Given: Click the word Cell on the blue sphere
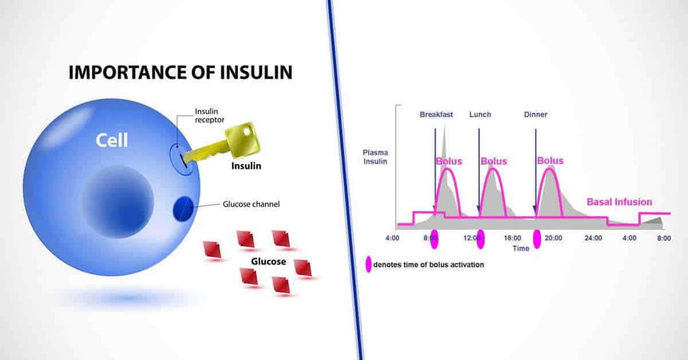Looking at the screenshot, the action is point(112,140).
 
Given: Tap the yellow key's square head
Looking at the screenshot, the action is point(243,140).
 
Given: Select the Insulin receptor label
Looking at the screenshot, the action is point(209,116).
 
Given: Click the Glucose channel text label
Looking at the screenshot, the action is point(251,204).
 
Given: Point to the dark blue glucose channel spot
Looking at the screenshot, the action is point(183,209).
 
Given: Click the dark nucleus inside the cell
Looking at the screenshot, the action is point(118,202).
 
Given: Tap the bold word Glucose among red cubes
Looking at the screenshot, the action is point(268,261).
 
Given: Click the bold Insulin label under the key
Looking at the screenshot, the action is point(247,166).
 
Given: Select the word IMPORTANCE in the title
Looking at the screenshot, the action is point(127,72).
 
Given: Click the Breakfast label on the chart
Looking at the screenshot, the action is point(436,115).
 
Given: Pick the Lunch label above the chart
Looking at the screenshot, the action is point(480,115).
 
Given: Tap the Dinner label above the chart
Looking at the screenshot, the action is point(535,115).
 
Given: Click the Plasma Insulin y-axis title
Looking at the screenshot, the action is point(376,157).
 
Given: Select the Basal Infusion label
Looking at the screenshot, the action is point(619,202).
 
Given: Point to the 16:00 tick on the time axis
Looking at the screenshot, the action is point(513,238).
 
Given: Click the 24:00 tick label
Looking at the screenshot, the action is point(593,238).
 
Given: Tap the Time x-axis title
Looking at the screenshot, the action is point(521,248).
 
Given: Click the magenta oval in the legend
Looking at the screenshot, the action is point(369,264).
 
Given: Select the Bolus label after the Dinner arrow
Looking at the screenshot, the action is point(550,161).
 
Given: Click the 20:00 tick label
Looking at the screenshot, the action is point(553,238).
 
